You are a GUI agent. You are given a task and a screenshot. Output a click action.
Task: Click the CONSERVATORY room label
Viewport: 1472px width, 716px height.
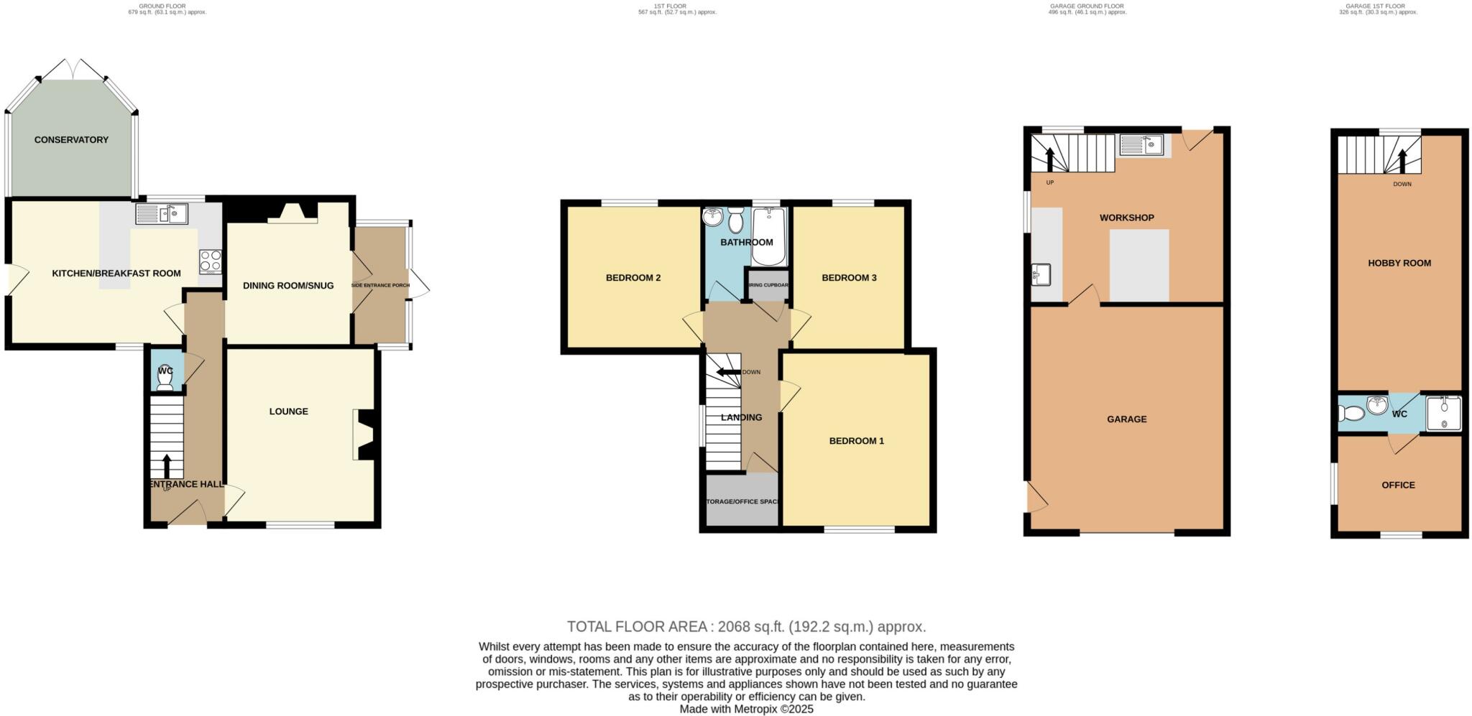tap(71, 140)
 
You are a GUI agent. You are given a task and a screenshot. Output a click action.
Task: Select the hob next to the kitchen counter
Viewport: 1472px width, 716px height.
tap(211, 261)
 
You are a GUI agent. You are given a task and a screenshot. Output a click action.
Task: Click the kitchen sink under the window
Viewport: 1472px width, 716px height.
tap(162, 213)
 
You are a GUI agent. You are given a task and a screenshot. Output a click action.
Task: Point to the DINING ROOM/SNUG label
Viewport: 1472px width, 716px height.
tap(288, 286)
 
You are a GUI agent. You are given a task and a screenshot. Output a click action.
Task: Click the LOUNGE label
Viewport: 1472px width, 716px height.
tap(289, 412)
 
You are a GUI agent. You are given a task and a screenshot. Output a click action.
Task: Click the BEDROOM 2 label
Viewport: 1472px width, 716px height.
tap(633, 278)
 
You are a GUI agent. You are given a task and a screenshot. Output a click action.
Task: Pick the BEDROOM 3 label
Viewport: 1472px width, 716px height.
tap(849, 278)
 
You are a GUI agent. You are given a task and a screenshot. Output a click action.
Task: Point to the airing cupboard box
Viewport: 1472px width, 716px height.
tap(768, 285)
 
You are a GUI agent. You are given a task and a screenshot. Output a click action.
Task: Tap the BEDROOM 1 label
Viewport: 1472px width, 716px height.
tap(857, 441)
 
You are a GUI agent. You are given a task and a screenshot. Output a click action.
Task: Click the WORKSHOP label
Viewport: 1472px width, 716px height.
tap(1126, 218)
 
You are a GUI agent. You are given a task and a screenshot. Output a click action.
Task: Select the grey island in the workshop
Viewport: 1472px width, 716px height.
tap(1139, 265)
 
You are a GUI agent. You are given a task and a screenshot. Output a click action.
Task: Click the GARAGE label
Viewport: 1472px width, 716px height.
tap(1126, 419)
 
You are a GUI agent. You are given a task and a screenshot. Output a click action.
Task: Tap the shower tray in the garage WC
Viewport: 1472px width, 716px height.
tap(1444, 414)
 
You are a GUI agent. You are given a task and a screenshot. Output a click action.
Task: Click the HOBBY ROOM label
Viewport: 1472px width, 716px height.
tap(1399, 264)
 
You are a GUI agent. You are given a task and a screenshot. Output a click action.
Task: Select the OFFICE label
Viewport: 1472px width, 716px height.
tap(1398, 485)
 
